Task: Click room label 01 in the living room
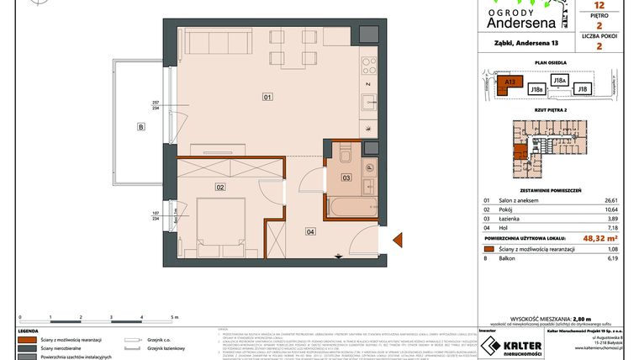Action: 267,97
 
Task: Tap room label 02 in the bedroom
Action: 220,187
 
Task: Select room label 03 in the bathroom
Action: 345,178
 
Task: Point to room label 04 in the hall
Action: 309,231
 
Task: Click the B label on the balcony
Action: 141,128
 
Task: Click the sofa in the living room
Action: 217,40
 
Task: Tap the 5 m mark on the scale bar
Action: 173,318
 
